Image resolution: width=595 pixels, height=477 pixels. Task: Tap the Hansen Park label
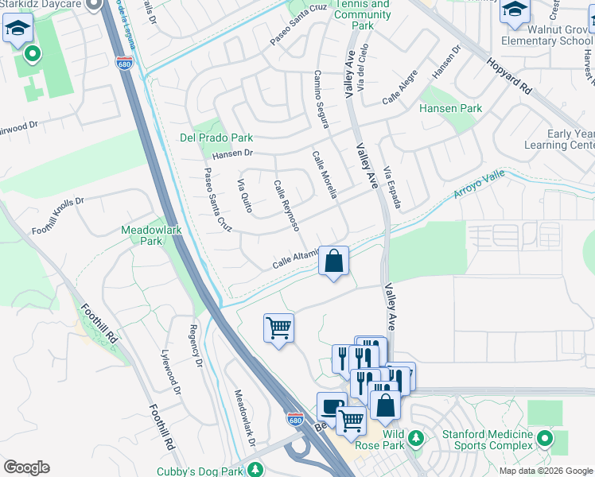point(450,108)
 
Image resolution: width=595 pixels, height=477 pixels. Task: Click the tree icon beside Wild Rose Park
point(414,438)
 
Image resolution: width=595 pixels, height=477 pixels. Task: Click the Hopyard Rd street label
point(509,76)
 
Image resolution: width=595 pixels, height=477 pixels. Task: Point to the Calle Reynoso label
point(286,206)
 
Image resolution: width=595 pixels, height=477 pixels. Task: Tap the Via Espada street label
point(392,188)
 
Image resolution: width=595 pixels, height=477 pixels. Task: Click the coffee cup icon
point(330,406)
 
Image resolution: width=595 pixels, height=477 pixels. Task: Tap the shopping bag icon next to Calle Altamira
point(334,261)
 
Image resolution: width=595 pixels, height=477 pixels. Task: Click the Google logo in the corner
point(26,467)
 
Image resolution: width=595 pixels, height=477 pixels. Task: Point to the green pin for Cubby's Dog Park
point(255,471)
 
